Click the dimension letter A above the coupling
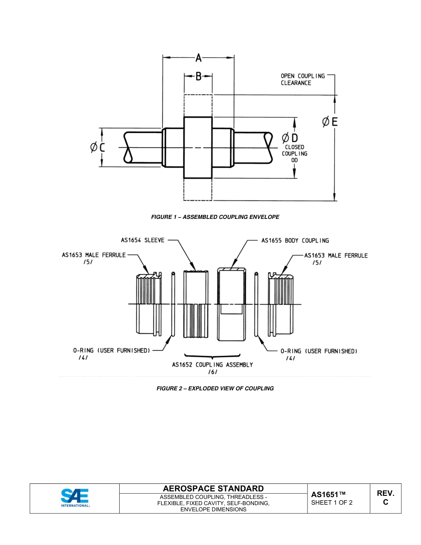click(x=199, y=58)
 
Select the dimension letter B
click(x=199, y=77)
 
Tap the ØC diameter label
click(x=98, y=148)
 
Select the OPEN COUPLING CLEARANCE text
click(x=303, y=79)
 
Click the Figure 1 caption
click(x=215, y=217)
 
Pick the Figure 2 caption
click(x=215, y=389)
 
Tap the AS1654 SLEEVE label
click(x=143, y=240)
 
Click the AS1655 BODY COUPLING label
click(x=295, y=241)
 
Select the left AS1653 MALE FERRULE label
click(x=94, y=255)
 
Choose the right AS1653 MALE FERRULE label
click(x=336, y=256)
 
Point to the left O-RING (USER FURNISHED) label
click(x=112, y=350)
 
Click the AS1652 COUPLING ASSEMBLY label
click(x=212, y=365)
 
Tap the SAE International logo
click(x=75, y=498)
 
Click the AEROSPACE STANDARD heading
click(x=213, y=489)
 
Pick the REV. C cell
click(x=385, y=498)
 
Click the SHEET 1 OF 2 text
click(x=332, y=502)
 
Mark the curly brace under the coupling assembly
click(x=212, y=356)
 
